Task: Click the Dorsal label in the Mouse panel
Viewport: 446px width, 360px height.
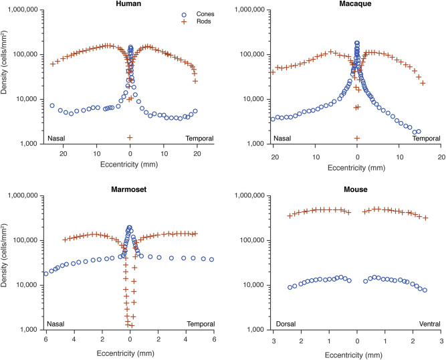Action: (x=286, y=324)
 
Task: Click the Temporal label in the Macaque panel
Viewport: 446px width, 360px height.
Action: (x=425, y=139)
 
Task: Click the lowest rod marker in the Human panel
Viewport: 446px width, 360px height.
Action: (x=130, y=137)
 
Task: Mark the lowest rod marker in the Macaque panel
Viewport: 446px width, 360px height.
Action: (x=357, y=138)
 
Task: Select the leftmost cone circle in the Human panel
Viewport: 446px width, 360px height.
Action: (x=52, y=106)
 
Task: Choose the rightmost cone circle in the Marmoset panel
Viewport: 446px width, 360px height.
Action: (x=212, y=260)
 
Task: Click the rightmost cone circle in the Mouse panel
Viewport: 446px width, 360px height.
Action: (x=425, y=290)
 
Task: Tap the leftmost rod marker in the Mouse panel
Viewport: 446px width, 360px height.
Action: (x=290, y=215)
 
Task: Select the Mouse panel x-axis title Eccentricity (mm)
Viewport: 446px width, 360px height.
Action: (x=356, y=351)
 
